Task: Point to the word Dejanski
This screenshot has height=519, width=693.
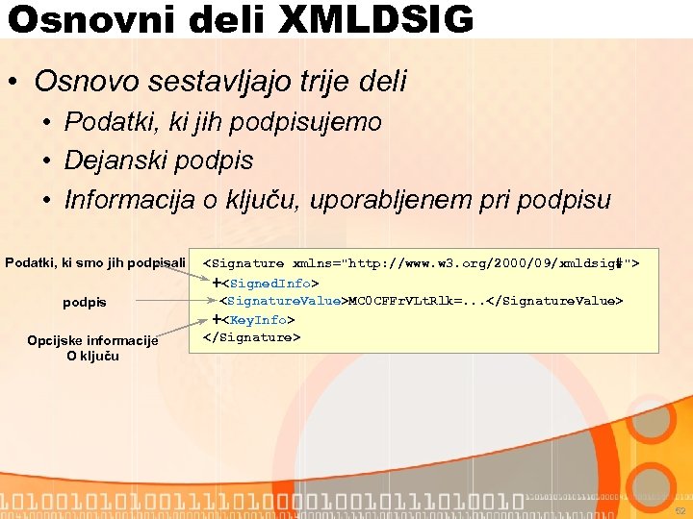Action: pyautogui.click(x=115, y=161)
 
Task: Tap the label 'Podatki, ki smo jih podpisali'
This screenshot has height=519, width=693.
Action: pyautogui.click(x=95, y=262)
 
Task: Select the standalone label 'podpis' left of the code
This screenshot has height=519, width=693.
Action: pyautogui.click(x=85, y=302)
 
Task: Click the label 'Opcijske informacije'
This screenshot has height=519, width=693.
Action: pyautogui.click(x=92, y=340)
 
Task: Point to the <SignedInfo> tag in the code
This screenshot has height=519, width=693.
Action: pyautogui.click(x=271, y=284)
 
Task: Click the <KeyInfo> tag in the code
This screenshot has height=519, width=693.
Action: pyautogui.click(x=259, y=320)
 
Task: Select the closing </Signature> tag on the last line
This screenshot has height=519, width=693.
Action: pyautogui.click(x=251, y=337)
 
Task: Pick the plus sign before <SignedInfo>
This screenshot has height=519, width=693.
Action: pyautogui.click(x=218, y=284)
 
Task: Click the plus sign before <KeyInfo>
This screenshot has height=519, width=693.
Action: pyautogui.click(x=218, y=320)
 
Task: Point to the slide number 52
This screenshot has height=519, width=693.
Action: pyautogui.click(x=680, y=510)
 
